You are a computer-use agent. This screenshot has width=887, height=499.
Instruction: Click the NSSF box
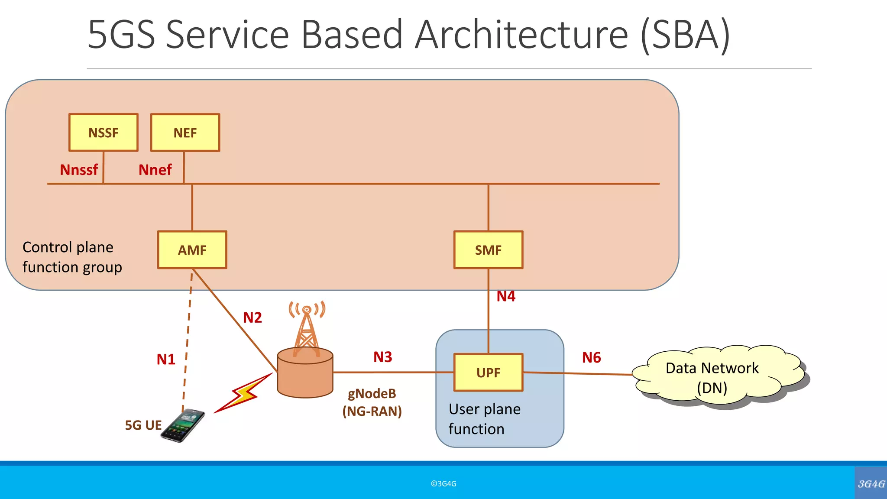point(104,133)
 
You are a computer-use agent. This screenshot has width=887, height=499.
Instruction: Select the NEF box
point(185,133)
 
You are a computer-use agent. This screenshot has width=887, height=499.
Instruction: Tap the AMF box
point(192,250)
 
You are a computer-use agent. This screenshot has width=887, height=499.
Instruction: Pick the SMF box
point(488,250)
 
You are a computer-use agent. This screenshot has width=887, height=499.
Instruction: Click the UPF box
point(488,373)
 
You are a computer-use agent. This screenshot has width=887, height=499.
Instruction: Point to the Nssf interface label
point(79,170)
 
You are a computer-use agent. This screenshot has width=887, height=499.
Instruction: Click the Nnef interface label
point(155,170)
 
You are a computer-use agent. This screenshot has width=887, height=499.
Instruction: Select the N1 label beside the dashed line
point(166,359)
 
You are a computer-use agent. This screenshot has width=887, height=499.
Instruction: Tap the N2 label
point(253,318)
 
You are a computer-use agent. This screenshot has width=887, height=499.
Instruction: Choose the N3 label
point(383,357)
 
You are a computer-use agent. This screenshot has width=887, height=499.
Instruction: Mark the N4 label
point(506,296)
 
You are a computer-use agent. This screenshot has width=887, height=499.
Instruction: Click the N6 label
point(591,357)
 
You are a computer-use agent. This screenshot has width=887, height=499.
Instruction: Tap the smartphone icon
point(183,426)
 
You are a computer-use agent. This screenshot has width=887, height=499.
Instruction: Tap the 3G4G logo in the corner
point(871,483)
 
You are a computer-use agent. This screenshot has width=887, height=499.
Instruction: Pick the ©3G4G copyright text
point(443,484)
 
